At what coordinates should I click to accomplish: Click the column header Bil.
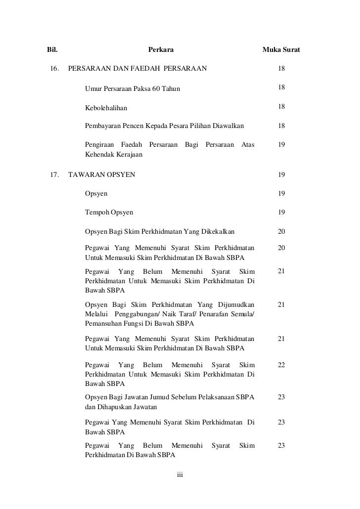click(x=52, y=50)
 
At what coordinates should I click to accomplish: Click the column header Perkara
click(x=161, y=50)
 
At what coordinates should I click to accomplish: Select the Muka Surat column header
click(x=281, y=50)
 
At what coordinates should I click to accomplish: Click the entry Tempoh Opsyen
click(x=109, y=212)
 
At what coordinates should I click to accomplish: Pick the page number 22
click(x=281, y=365)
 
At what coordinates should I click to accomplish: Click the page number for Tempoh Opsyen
click(x=281, y=212)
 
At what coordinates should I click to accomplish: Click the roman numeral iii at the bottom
click(x=180, y=475)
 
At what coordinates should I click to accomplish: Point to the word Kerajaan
click(x=129, y=155)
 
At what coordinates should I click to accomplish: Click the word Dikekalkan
click(x=217, y=231)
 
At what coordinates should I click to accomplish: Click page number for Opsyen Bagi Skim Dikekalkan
click(x=281, y=231)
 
